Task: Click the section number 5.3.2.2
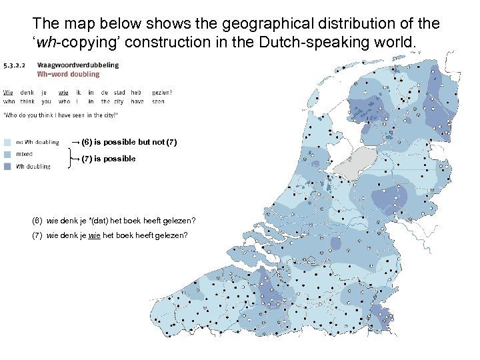[15, 65]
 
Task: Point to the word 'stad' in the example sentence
[119, 93]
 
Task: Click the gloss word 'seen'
[158, 101]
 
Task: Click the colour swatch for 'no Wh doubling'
[7, 142]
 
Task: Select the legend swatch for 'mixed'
[7, 154]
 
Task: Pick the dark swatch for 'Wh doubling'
[7, 166]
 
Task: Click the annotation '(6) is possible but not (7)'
[127, 142]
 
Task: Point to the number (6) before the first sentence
[37, 221]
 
